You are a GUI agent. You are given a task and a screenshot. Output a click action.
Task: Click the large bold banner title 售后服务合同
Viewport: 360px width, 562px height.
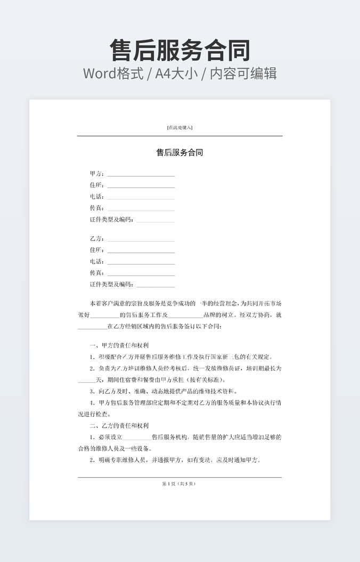click(180, 51)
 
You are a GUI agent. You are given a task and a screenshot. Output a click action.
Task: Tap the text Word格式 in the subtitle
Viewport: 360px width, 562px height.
click(113, 73)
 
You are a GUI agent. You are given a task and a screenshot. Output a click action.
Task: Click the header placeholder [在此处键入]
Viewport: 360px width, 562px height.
click(179, 128)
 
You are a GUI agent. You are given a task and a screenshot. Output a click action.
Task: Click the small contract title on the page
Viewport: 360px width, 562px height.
click(179, 153)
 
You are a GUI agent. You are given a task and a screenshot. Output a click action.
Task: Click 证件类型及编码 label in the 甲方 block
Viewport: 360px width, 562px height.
click(112, 219)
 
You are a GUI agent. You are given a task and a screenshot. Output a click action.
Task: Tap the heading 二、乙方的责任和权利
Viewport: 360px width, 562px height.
click(119, 426)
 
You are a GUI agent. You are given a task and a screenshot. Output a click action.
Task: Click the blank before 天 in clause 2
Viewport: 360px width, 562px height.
click(86, 381)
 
